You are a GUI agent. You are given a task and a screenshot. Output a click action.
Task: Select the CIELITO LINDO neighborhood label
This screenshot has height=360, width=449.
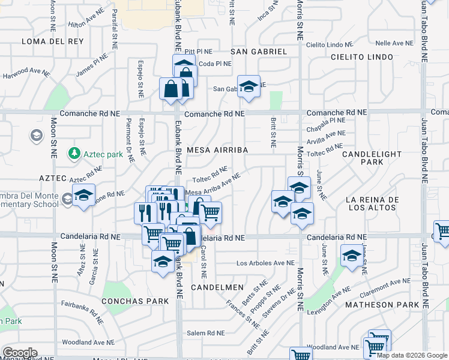click(x=362, y=57)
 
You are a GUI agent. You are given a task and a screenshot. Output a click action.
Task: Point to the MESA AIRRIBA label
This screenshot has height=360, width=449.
click(x=217, y=149)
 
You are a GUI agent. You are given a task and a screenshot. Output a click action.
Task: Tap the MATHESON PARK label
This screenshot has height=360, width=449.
click(x=382, y=305)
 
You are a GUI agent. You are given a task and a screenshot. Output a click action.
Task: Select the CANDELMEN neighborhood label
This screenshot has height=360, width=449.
click(x=217, y=288)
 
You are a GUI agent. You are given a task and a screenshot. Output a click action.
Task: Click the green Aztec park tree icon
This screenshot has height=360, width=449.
click(x=74, y=154)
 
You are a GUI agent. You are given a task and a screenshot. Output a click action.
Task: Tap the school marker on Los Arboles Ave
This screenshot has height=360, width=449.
click(x=352, y=256)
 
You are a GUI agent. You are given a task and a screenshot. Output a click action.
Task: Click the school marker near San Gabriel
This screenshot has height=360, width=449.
click(x=249, y=86)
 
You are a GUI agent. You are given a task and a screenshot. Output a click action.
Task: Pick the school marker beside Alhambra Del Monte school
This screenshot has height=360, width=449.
click(x=84, y=196)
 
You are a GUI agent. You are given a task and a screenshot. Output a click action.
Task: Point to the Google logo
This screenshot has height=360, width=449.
click(x=20, y=353)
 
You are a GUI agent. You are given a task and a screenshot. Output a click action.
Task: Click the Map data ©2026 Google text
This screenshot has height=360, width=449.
click(x=411, y=355)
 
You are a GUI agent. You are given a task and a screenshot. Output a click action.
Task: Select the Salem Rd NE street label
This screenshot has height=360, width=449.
click(x=205, y=333)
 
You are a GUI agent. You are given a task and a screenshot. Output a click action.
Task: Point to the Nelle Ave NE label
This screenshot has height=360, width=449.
click(x=394, y=43)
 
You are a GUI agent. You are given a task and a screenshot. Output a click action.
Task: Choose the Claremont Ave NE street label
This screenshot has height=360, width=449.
click(x=386, y=287)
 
